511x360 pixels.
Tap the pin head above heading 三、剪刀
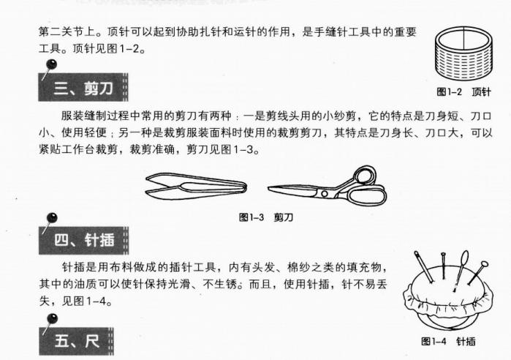click(x=52, y=67)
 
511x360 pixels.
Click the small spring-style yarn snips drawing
click(x=194, y=184)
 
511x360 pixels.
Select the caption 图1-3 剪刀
click(x=266, y=217)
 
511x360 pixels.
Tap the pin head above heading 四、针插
click(x=52, y=217)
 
